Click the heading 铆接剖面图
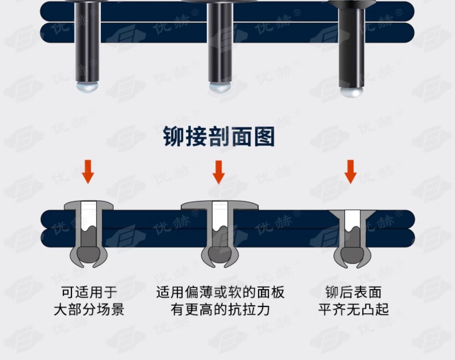pyautogui.click(x=219, y=137)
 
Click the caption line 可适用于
pyautogui.click(x=89, y=292)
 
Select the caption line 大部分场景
pyautogui.click(x=89, y=310)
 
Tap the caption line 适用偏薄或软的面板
pyautogui.click(x=220, y=292)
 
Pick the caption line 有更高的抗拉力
pyautogui.click(x=220, y=310)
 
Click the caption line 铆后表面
pyautogui.click(x=353, y=292)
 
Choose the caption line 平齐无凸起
pyautogui.click(x=353, y=310)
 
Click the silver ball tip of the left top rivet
pyautogui.click(x=87, y=87)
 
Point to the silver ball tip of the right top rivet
pyautogui.click(x=352, y=93)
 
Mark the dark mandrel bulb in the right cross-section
pyautogui.click(x=352, y=253)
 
